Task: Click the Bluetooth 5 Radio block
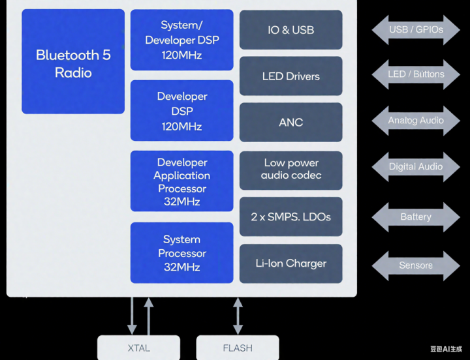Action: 73,63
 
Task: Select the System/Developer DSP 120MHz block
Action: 181,40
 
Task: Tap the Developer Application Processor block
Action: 181,181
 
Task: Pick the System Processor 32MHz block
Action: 181,253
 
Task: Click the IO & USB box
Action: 290,30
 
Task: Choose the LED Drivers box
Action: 290,76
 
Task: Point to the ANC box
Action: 290,122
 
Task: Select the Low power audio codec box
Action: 290,169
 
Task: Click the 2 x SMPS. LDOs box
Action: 290,217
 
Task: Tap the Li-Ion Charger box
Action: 290,263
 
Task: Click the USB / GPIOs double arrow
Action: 416,30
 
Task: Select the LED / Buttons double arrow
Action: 416,74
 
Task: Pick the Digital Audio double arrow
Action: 416,167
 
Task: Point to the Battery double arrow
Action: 416,217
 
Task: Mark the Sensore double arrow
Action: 416,265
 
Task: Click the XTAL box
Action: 139,348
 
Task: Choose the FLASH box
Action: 238,348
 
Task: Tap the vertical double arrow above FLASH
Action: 238,316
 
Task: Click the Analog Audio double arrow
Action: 416,121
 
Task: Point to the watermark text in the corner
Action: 446,350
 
